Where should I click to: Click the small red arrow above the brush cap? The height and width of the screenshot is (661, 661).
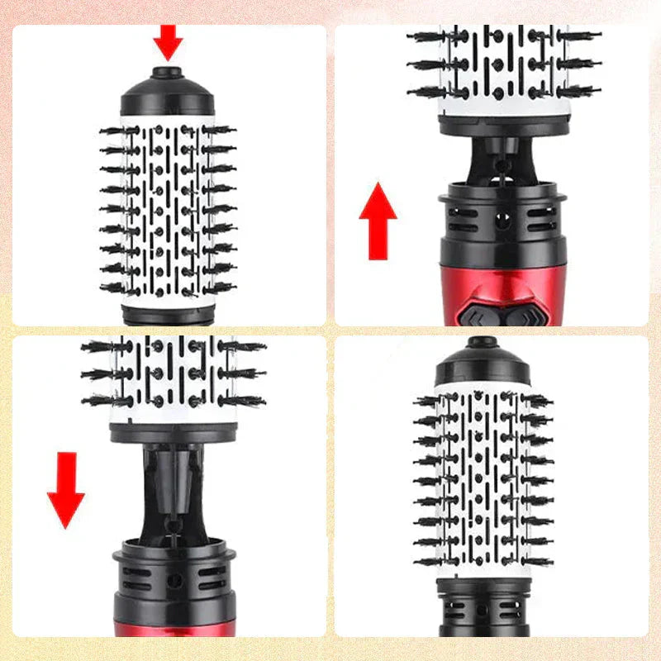[x=168, y=40]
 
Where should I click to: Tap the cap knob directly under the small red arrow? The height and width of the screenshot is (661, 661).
[x=168, y=73]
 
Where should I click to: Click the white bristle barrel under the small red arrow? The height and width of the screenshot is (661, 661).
[x=168, y=207]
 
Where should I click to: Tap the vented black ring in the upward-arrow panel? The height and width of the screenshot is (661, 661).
[x=503, y=219]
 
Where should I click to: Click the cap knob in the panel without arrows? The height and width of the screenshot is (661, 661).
[x=482, y=341]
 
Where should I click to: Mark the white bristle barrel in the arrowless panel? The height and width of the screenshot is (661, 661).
[x=482, y=479]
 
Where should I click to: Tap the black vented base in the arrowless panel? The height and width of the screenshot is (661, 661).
[x=482, y=611]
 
